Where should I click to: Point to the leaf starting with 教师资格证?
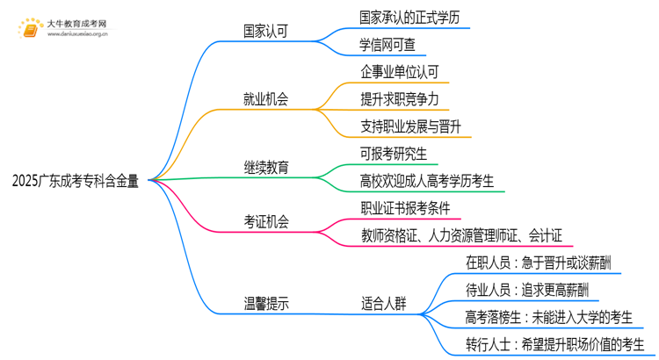(467, 235)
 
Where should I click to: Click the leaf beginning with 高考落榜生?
(548, 317)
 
